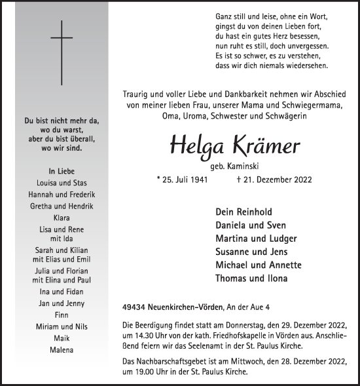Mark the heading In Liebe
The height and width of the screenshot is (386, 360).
[62, 171]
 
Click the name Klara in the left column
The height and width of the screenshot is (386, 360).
[62, 216]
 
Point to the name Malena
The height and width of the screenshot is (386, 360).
[62, 349]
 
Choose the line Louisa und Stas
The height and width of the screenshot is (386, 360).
[62, 183]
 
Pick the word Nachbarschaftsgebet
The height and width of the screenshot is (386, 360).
[176, 361]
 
